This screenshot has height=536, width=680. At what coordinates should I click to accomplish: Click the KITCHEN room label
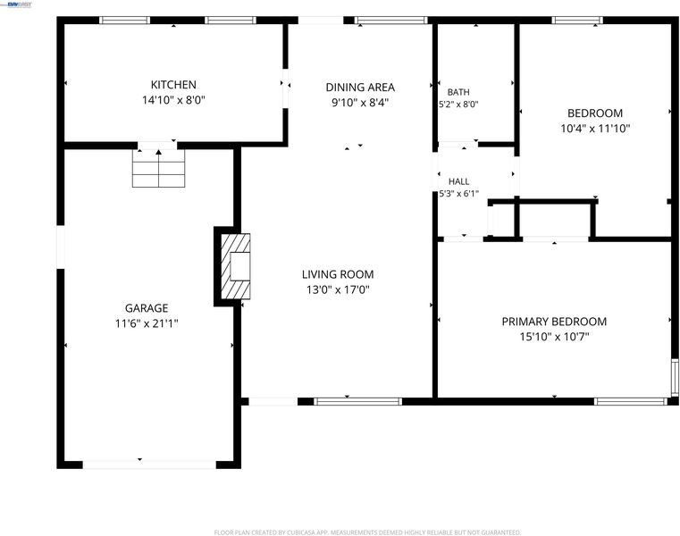click(x=173, y=85)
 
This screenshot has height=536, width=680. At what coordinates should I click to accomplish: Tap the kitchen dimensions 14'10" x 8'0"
click(x=173, y=100)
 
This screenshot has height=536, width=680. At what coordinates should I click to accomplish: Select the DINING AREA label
click(x=360, y=88)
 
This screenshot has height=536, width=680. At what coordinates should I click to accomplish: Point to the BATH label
click(x=458, y=92)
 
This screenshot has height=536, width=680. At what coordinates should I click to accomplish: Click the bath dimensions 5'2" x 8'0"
click(x=458, y=105)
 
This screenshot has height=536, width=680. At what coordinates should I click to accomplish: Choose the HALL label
click(x=458, y=181)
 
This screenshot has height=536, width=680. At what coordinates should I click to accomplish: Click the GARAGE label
click(x=147, y=308)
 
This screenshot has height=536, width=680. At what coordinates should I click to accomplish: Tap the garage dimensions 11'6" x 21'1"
click(x=147, y=323)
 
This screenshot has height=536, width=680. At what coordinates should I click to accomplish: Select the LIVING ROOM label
click(x=338, y=274)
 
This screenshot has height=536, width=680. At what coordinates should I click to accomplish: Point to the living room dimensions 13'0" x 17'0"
click(x=338, y=289)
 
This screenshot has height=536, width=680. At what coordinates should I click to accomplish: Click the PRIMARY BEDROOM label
click(x=554, y=322)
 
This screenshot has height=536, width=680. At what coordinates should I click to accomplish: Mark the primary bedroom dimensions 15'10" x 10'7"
click(x=554, y=337)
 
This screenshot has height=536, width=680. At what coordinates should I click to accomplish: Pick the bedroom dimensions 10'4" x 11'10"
click(x=595, y=129)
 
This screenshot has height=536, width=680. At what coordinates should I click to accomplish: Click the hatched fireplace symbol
click(x=236, y=266)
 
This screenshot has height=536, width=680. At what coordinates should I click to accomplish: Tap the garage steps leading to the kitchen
click(x=159, y=168)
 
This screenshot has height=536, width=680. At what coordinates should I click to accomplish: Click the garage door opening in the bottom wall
click(x=149, y=465)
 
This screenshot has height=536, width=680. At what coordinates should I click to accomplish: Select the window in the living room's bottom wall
click(x=357, y=402)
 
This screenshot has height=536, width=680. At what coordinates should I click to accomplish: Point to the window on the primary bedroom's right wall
click(x=675, y=377)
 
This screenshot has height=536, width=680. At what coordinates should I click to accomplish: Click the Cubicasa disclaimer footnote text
click(x=368, y=532)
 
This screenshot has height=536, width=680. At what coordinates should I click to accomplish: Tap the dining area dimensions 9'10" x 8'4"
click(x=360, y=103)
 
